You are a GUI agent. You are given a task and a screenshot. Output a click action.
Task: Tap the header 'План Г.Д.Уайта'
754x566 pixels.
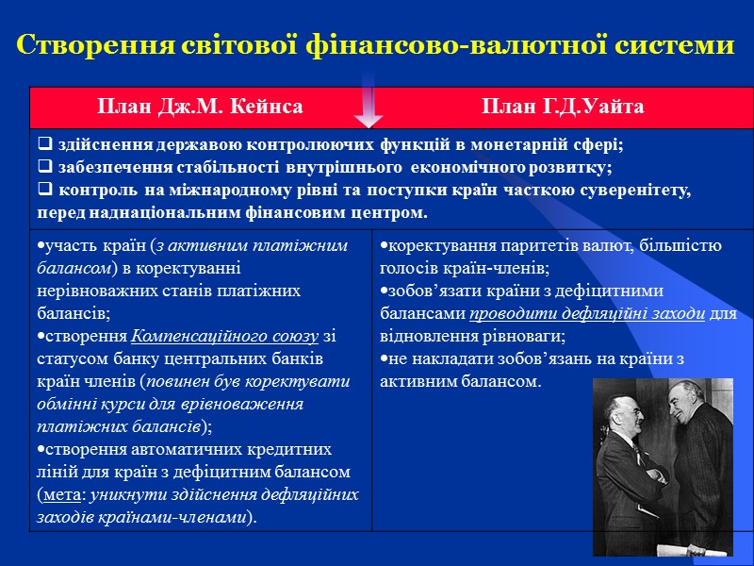click(563, 107)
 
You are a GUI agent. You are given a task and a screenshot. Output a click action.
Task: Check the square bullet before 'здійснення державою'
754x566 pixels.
click(43, 145)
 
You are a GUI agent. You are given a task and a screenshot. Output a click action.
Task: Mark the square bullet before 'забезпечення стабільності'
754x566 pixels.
click(43, 168)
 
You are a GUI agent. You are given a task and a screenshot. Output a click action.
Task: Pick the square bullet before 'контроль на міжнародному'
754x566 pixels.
click(43, 191)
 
